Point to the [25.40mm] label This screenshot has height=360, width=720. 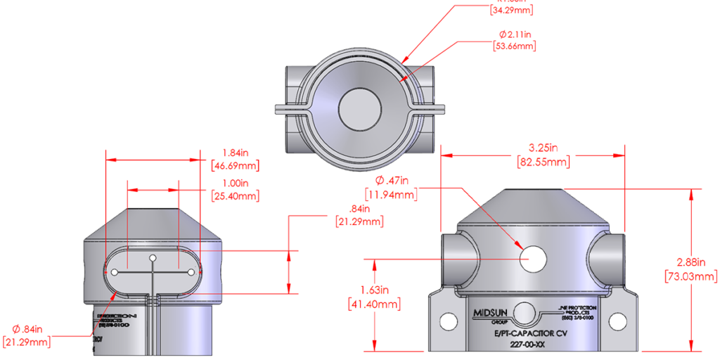(x=235, y=196)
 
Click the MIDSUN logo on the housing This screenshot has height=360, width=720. (x=487, y=310)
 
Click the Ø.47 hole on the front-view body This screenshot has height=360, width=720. (x=533, y=259)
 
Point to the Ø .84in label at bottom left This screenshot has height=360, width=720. (x=29, y=329)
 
